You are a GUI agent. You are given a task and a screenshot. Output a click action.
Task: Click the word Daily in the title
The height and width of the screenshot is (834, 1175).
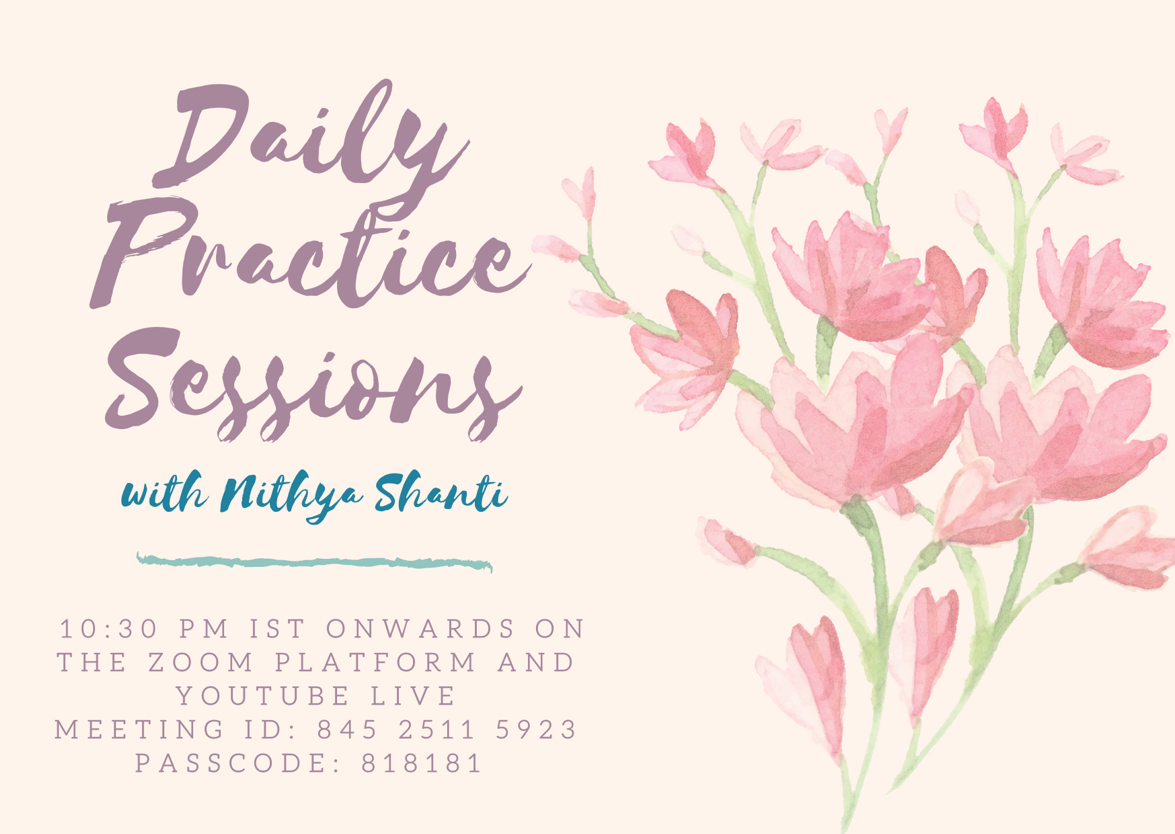click(309, 138)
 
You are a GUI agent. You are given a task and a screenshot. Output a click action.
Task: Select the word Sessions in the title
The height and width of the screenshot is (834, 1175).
click(313, 383)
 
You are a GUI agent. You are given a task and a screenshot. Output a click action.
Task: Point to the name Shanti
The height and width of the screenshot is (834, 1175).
click(441, 493)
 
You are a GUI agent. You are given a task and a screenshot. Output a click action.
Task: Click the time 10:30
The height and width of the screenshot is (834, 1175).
click(110, 629)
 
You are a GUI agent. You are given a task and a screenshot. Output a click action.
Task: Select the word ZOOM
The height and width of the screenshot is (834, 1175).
click(201, 662)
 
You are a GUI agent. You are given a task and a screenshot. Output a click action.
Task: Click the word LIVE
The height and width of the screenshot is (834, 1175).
click(414, 696)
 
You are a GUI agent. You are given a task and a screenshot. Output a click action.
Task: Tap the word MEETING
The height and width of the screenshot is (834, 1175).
click(140, 730)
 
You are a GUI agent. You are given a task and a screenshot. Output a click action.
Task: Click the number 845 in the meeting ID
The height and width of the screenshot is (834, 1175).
click(348, 730)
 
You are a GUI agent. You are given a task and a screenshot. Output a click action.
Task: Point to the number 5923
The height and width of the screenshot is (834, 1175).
click(536, 730)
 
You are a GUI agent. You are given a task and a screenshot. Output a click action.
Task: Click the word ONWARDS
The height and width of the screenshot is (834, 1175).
click(421, 629)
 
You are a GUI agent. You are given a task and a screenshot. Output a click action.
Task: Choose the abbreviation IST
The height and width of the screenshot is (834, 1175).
click(278, 629)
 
